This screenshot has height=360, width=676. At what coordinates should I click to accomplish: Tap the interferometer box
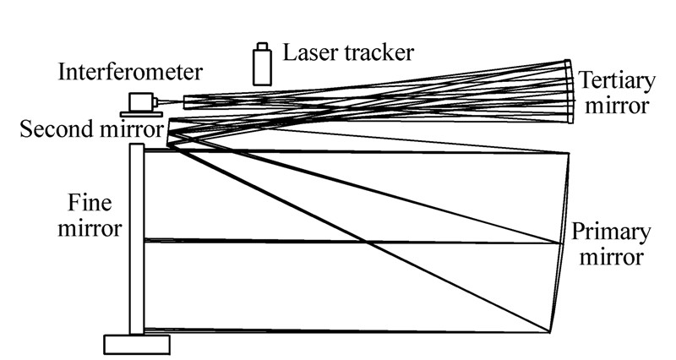click(x=137, y=101)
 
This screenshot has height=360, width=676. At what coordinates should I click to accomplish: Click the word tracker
click(x=376, y=52)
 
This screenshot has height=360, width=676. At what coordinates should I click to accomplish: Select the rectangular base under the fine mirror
click(x=136, y=344)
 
